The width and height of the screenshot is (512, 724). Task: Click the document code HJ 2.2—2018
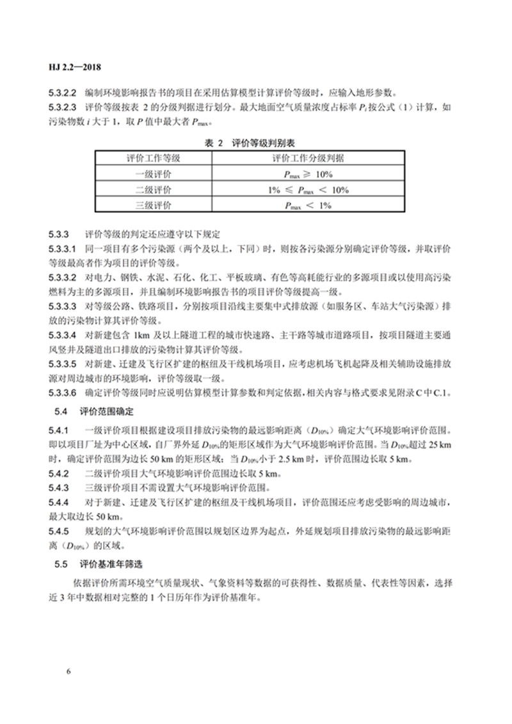[x=76, y=67]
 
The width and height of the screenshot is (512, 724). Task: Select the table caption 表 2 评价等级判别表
[x=255, y=143]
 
